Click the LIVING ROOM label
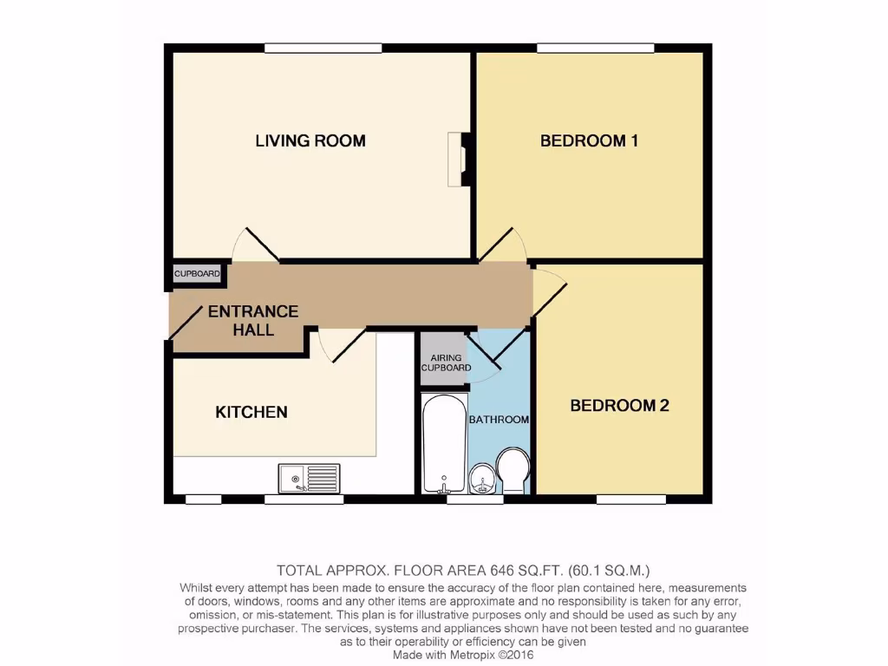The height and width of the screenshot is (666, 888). coord(310,140)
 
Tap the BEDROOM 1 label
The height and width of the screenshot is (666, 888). coord(589,140)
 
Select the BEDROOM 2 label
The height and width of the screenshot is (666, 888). coord(619,405)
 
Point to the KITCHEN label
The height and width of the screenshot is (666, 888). coord(251,412)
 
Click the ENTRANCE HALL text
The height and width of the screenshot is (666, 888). coord(252,320)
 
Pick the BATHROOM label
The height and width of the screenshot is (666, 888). coord(499,420)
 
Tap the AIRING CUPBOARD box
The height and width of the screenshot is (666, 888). coord(445,361)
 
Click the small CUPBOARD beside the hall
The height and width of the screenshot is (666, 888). coord(197,274)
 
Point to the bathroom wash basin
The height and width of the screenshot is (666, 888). coord(481,478)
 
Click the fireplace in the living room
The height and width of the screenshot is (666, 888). coord(458,159)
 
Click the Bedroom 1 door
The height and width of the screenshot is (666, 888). coord(502,245)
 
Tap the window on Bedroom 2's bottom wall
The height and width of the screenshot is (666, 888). coord(630,499)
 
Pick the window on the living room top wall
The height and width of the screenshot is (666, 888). coord(313,48)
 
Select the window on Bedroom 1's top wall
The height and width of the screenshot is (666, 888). coord(595,48)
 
